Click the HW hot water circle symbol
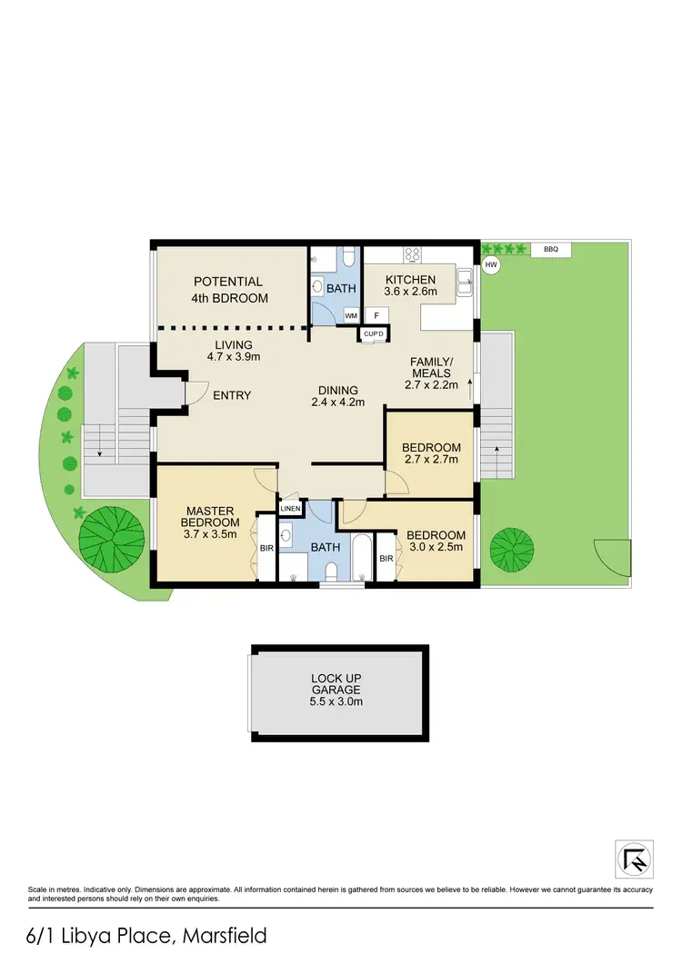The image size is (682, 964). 491,265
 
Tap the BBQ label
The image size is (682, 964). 550,249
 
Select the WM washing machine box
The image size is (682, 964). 351,315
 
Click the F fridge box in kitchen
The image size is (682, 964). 376,314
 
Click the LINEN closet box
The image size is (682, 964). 289,509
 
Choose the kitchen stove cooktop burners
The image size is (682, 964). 410,254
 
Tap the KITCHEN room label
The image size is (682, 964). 411,279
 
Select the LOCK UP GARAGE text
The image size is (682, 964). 338,684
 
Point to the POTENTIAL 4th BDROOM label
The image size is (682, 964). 228,290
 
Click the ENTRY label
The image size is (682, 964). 232,395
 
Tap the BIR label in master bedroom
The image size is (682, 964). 266,549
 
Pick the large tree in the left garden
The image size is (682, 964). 111,539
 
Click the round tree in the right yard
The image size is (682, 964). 513,548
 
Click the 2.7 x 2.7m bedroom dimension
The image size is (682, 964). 431,460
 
